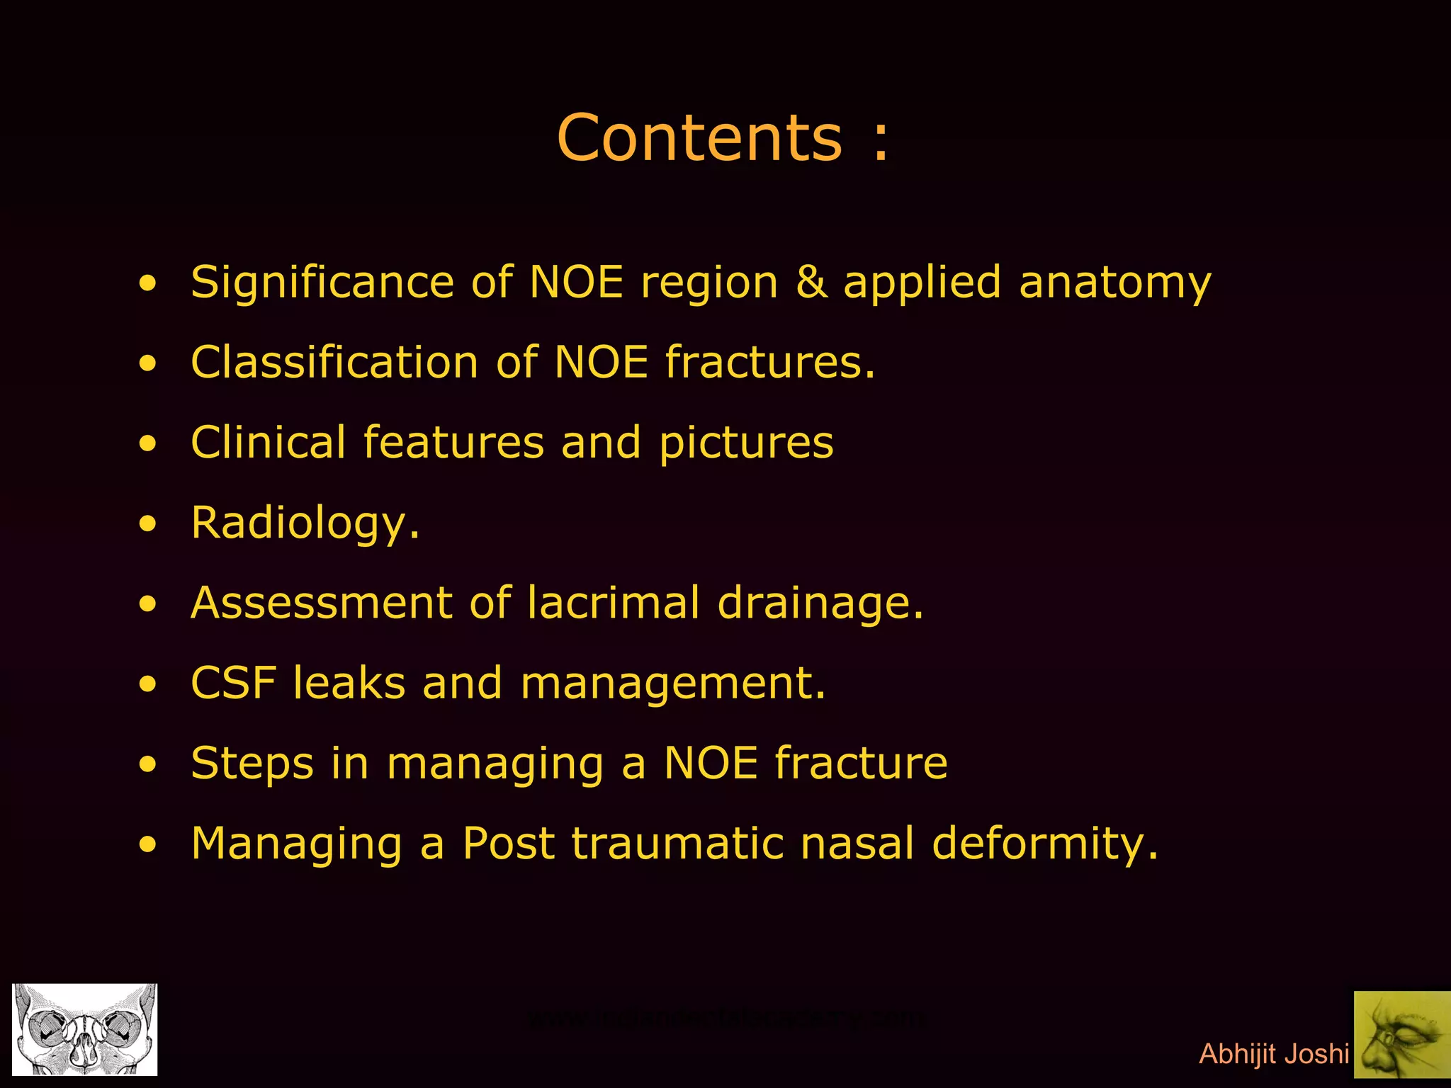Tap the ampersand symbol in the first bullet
point(811,282)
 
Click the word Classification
point(334,362)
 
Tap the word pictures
point(746,444)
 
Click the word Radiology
point(305,524)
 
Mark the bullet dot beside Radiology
point(147,525)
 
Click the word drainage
point(820,604)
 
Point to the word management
point(672,684)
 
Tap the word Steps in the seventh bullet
point(252,764)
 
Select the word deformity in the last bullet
point(1045,845)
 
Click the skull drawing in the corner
point(85,1029)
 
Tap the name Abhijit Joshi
point(1273,1054)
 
